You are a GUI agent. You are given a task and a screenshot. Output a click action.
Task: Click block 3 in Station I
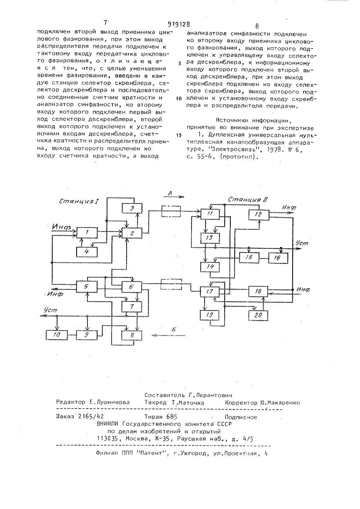(132, 208)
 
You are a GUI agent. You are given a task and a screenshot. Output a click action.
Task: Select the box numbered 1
(87, 233)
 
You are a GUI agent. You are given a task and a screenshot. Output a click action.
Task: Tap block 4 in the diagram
(87, 252)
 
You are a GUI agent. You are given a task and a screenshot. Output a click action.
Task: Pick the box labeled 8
(132, 335)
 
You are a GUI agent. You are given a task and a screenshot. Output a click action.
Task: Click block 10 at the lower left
(57, 335)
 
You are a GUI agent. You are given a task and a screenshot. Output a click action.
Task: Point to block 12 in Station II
(258, 215)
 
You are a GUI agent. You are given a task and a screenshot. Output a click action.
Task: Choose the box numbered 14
(210, 267)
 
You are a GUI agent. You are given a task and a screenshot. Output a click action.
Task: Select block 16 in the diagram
(278, 258)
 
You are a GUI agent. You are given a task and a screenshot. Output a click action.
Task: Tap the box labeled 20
(258, 315)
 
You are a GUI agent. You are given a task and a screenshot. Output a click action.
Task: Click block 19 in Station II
(210, 315)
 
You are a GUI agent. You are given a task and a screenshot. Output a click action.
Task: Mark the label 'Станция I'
(79, 201)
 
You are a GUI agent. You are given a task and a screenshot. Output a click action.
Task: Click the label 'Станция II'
(248, 199)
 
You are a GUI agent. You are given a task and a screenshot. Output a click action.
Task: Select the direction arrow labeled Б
(168, 335)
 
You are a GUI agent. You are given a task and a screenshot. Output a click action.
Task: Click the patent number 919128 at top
(179, 24)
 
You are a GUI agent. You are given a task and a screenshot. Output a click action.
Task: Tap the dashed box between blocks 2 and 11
(171, 211)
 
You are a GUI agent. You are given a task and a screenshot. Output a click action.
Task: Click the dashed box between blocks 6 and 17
(171, 284)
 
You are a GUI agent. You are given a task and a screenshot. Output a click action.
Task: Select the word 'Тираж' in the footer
(153, 416)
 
